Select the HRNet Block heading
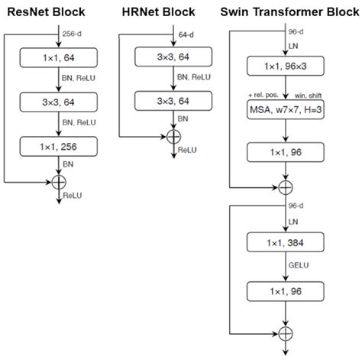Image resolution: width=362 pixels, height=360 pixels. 157,12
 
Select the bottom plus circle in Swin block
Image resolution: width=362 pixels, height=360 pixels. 286,333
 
